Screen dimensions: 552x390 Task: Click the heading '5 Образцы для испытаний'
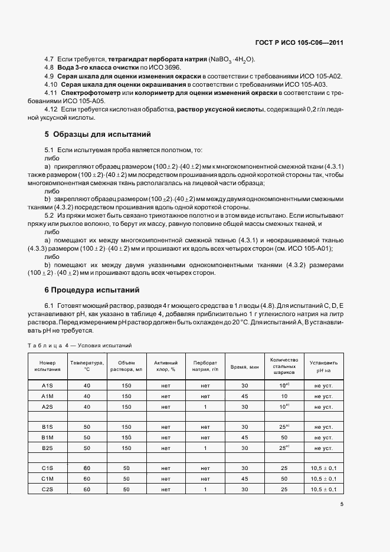98,134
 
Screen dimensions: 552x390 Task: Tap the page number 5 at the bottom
342,504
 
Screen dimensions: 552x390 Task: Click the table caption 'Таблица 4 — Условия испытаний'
79,344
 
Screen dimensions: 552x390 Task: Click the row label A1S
47,385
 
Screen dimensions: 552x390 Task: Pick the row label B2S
47,448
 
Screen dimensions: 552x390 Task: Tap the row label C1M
47,479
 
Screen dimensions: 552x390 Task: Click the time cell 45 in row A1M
244,396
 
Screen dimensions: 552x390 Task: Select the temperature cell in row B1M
87,438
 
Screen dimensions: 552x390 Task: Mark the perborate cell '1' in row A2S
205,406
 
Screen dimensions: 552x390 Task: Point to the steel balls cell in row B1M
284,438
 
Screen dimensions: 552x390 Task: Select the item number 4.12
51,110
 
